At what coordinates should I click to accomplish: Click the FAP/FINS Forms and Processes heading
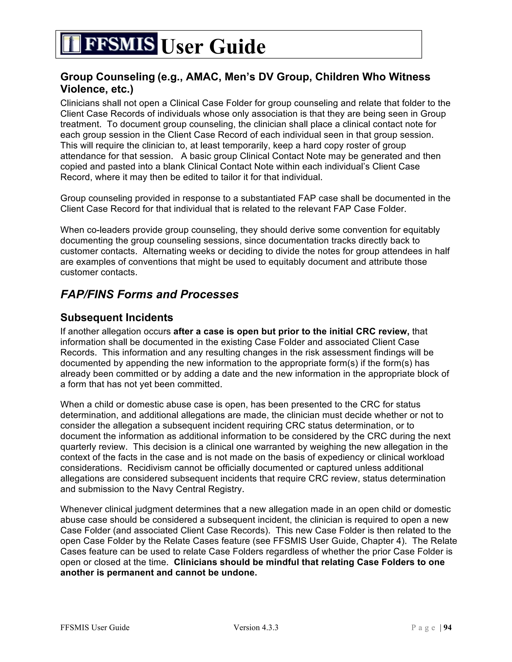pos(149,294)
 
